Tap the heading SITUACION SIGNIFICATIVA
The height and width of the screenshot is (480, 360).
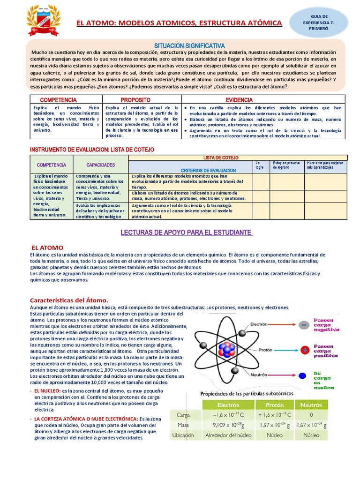[x=190, y=45]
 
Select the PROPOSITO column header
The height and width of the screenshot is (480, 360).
[x=135, y=100]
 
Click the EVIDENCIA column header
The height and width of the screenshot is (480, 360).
[x=239, y=100]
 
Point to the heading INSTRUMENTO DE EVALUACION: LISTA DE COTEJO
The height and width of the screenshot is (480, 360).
[x=92, y=149]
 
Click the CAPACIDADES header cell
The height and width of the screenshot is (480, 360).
[x=101, y=165]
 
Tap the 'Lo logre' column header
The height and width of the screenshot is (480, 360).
[x=260, y=165]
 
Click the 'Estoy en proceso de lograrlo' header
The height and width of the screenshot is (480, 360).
[x=286, y=165]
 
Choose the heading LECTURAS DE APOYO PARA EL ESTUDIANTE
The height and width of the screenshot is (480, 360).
[x=187, y=233]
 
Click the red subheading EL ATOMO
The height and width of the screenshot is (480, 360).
[x=47, y=247]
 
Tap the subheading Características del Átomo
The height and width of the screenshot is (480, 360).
[x=69, y=300]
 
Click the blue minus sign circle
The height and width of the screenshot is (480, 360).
[x=305, y=324]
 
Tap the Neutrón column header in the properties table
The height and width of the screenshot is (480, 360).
[x=311, y=405]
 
